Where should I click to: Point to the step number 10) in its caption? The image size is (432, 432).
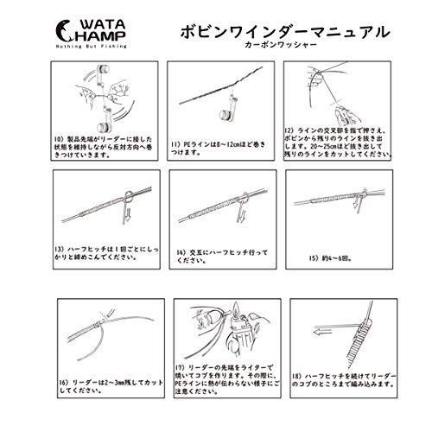tap(60, 138)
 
